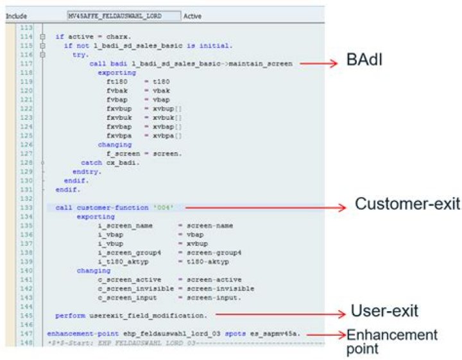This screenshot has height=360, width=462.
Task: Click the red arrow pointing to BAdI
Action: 318,64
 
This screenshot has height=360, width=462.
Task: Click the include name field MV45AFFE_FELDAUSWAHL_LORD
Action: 124,15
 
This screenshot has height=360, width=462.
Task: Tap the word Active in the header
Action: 193,15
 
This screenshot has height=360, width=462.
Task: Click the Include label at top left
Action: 15,15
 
